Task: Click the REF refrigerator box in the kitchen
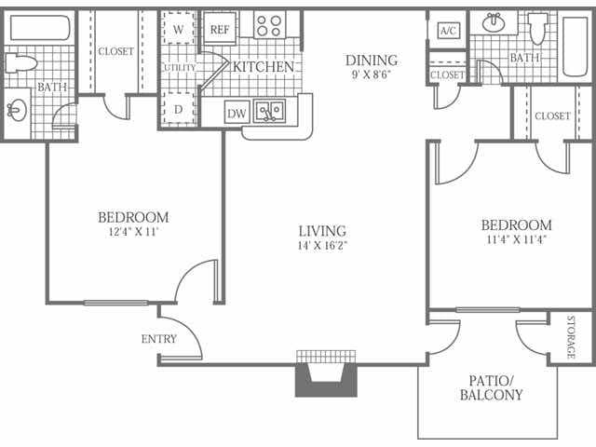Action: pos(220,29)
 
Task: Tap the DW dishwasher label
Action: pos(237,113)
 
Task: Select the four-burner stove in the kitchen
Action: pos(269,25)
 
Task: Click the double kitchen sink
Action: pos(269,111)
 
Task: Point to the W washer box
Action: pos(178,29)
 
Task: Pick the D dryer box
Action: pos(178,109)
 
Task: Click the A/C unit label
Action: pos(448,31)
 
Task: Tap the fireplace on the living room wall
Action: pos(326,374)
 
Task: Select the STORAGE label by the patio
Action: pos(571,337)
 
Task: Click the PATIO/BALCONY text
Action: pos(491,387)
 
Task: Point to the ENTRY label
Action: pos(159,339)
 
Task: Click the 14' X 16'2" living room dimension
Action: pos(323,245)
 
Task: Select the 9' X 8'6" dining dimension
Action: pos(372,74)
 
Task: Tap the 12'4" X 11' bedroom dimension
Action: pos(133,232)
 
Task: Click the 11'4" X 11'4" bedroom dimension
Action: pos(516,239)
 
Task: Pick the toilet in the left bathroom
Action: pos(20,63)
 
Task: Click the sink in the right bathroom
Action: pos(494,22)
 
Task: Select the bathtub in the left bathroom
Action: pos(40,27)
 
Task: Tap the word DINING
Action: pos(372,60)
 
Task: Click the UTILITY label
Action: pos(180,68)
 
